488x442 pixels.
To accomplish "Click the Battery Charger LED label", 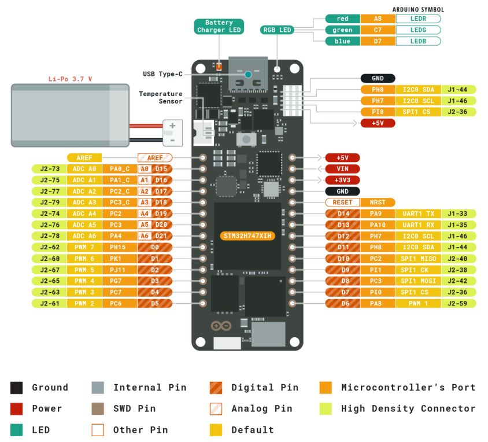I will [219, 26].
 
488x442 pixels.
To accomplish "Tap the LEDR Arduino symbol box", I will [418, 19].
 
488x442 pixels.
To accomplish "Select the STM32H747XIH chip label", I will [247, 236].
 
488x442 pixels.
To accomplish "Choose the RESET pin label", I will [342, 202].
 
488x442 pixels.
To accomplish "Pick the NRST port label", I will [377, 202].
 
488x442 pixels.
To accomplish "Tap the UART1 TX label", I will [418, 213].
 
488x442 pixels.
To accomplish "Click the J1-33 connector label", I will [459, 213].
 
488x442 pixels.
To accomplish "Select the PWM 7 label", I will [84, 247].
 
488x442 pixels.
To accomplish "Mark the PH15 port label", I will [119, 247].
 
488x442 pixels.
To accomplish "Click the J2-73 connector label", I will [49, 169].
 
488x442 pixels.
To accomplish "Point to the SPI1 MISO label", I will [418, 259].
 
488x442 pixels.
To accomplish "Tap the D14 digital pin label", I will [342, 213].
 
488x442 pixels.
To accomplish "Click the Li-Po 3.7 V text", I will [70, 78].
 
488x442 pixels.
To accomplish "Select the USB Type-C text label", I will [162, 74].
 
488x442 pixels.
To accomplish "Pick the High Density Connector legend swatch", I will [326, 408].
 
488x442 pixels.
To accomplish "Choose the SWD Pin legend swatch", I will [98, 408].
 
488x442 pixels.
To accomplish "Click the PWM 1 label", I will [418, 303].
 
